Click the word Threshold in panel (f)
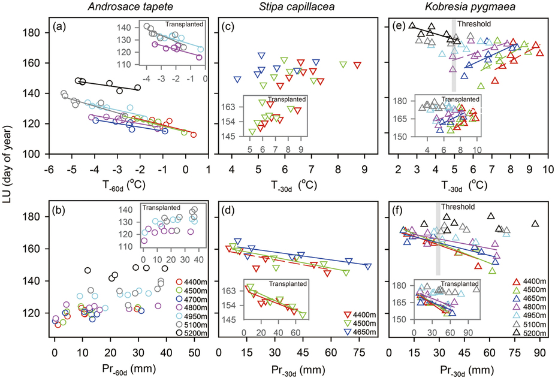458,207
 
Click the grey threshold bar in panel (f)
438,240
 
